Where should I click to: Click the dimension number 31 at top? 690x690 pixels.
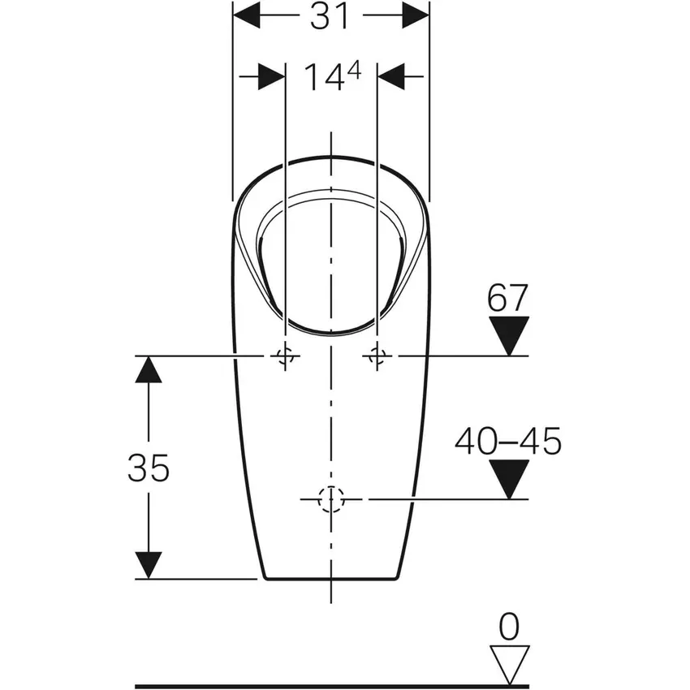click(330, 16)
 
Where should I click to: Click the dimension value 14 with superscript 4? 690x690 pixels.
click(330, 77)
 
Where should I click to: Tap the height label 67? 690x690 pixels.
click(508, 299)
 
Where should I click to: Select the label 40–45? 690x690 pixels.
click(508, 442)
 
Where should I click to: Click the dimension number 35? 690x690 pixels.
click(148, 468)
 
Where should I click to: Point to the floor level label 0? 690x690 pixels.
click(509, 626)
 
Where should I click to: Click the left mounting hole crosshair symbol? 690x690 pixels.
click(284, 356)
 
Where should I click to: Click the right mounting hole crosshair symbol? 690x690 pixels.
click(377, 356)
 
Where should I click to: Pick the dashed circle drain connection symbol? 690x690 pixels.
click(330, 499)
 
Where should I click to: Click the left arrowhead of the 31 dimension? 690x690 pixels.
click(247, 15)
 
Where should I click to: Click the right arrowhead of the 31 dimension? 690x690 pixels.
click(415, 15)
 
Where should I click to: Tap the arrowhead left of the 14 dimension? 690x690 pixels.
click(271, 77)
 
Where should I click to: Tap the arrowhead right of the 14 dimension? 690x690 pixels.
click(391, 77)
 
